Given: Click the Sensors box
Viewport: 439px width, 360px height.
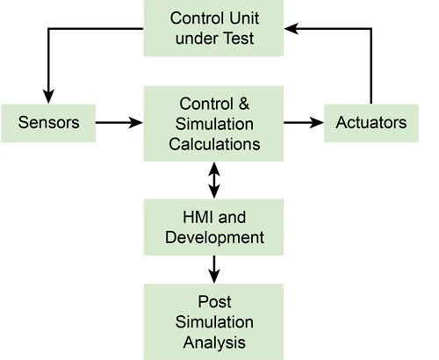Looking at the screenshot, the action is click(48, 123).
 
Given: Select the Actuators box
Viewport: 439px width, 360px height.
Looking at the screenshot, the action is click(371, 123).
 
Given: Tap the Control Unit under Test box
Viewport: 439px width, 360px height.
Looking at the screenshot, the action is click(213, 28).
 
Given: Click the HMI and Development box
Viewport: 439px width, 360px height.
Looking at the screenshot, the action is click(213, 227).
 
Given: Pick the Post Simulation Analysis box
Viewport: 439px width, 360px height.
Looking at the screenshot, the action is click(213, 322).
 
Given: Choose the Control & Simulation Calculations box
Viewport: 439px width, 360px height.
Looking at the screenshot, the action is click(213, 124).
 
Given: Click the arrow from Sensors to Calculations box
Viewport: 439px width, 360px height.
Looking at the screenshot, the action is click(119, 122).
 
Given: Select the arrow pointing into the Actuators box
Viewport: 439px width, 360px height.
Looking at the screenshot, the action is click(304, 122).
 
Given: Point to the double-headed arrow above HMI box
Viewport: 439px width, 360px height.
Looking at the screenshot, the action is click(214, 180).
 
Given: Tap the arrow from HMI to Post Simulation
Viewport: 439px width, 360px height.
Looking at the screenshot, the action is click(214, 270).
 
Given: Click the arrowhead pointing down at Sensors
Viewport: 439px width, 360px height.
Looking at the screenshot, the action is click(48, 97).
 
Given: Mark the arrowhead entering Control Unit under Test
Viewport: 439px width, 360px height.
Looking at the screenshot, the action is click(291, 28).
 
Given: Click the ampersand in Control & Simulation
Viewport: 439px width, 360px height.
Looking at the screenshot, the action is click(244, 104).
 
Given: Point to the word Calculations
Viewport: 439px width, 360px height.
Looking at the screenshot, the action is click(214, 144).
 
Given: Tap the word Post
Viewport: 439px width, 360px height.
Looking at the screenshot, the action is click(214, 302).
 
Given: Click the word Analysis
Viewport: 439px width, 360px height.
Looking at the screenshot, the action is click(214, 342).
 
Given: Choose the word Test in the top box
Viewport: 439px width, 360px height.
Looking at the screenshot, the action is click(239, 39).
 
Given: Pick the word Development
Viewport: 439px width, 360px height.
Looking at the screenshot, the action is click(214, 238).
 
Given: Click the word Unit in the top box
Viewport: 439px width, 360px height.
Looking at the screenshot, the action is click(244, 18).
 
